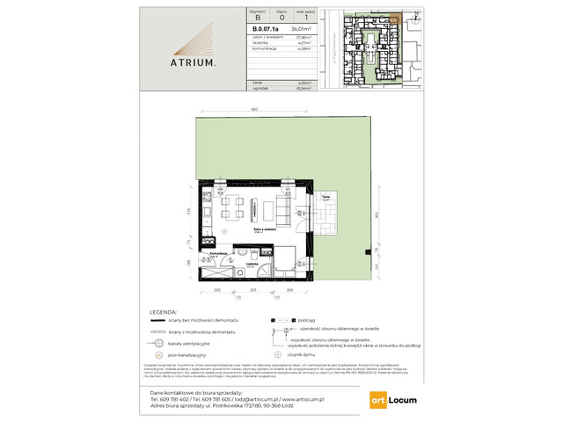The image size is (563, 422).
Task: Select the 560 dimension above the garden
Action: tap(252, 109)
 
